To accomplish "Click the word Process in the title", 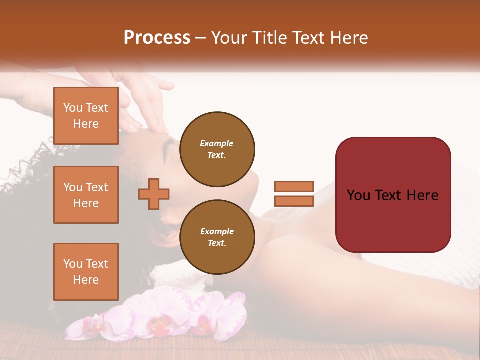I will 157,38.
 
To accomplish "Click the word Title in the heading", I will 268,38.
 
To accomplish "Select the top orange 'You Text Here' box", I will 86,116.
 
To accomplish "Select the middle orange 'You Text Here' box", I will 86,195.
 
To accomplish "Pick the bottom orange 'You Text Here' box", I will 86,272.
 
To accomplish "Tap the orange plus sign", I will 154,194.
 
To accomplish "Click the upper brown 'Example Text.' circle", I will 217,149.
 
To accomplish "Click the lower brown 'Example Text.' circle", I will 217,237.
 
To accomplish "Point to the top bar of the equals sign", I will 294,187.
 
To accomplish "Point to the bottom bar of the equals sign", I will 294,201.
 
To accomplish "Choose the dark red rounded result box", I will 393,220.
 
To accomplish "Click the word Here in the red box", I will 422,195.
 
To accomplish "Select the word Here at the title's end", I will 349,38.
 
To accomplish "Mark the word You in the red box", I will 359,195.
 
